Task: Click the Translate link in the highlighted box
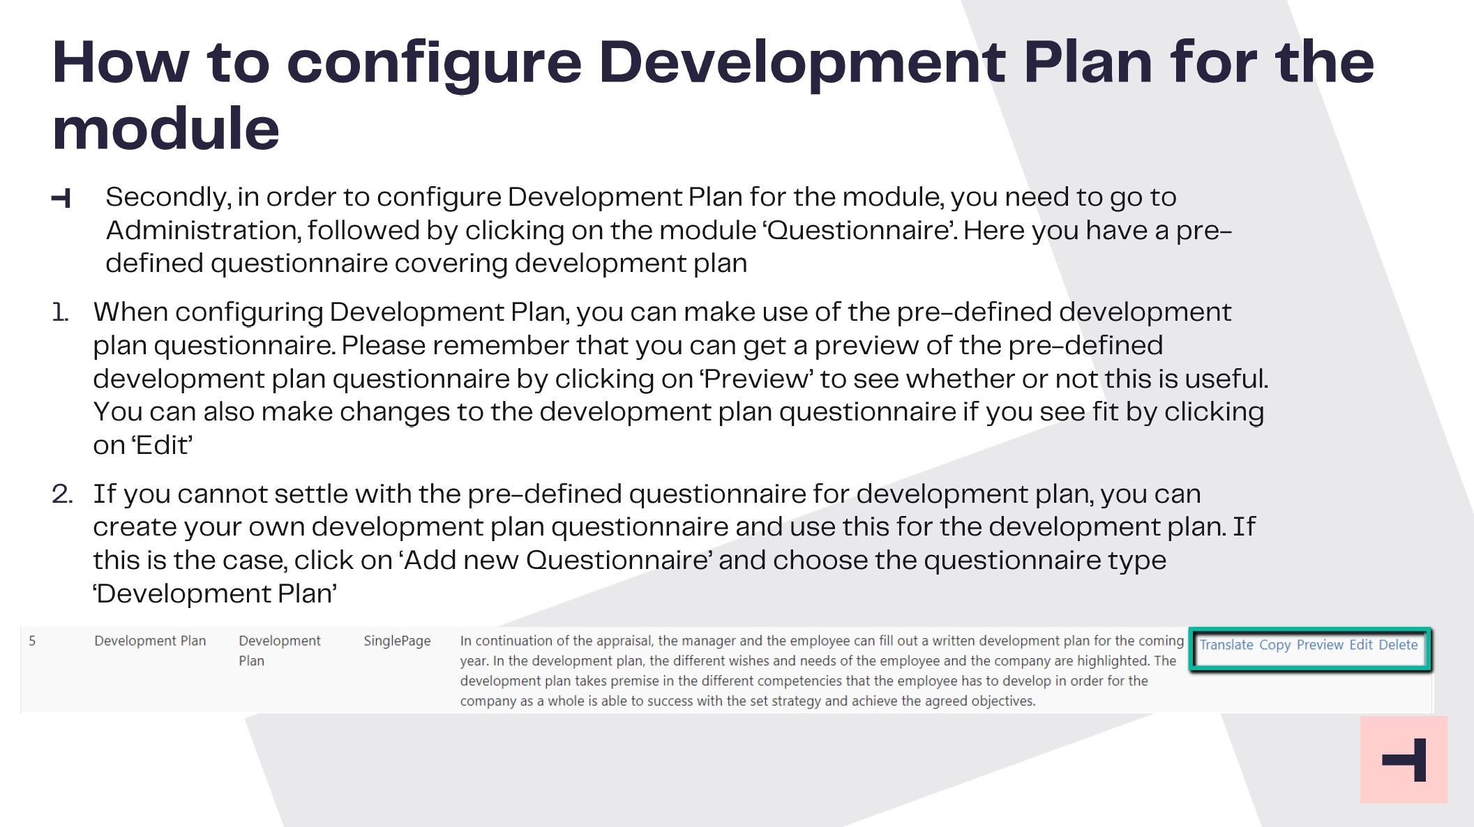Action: [1226, 645]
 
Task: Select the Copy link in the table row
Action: [1274, 646]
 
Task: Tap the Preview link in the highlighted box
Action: [1320, 645]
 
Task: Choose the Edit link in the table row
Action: [1361, 645]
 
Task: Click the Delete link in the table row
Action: [1399, 645]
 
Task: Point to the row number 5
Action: [32, 641]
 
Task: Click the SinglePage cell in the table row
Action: [397, 641]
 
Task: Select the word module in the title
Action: [166, 129]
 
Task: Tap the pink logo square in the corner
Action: [1404, 759]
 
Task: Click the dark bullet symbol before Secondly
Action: [61, 199]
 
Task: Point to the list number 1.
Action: [60, 312]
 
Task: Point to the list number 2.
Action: [62, 494]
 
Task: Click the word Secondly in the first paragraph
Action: [168, 198]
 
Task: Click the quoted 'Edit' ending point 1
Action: [163, 446]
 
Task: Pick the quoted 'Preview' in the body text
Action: [757, 379]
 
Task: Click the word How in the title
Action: [121, 63]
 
